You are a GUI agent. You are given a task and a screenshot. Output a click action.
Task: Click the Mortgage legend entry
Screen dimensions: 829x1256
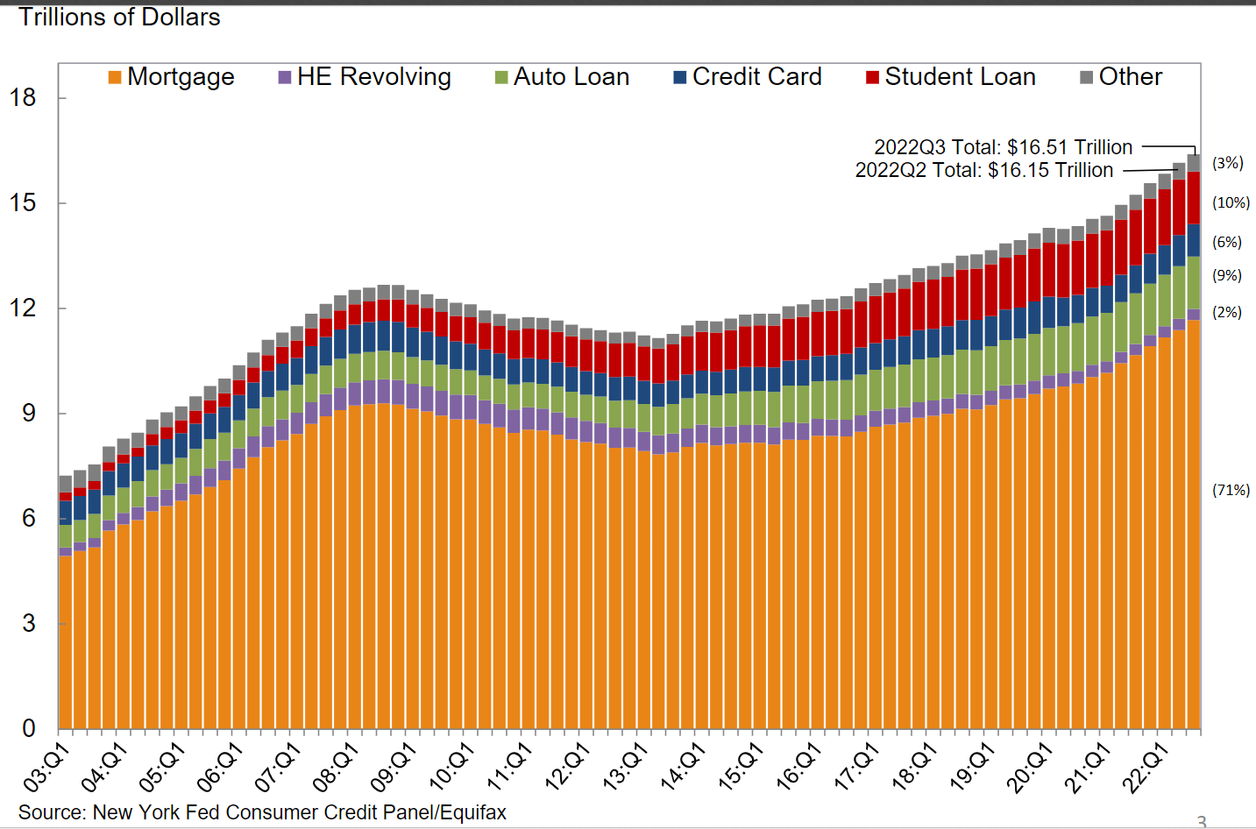point(172,77)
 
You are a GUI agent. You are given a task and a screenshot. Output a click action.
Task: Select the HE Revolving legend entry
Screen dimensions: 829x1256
point(365,77)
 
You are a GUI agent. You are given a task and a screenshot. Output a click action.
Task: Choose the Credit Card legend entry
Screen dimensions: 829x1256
point(748,77)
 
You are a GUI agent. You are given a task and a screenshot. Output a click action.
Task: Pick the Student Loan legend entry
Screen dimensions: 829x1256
point(951,77)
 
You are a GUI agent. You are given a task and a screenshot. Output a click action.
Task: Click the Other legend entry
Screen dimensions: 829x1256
point(1121,77)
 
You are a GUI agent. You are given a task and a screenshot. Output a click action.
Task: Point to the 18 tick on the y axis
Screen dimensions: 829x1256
point(23,97)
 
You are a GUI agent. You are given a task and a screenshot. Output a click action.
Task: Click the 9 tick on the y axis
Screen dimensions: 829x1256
point(29,413)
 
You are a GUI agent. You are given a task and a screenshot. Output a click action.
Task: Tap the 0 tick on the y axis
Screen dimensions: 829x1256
point(29,728)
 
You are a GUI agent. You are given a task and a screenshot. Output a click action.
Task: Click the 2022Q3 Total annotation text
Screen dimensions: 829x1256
point(1003,147)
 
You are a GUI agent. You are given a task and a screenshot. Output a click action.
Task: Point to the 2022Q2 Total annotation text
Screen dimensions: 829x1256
point(983,170)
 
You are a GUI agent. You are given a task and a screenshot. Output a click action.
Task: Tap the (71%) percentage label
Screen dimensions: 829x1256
point(1231,490)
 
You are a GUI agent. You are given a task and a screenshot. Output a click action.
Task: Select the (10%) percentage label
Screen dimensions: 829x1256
point(1231,202)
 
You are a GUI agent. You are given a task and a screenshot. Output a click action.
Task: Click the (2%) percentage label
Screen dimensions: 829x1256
point(1227,312)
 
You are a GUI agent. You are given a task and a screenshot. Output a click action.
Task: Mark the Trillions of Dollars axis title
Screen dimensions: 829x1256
point(119,18)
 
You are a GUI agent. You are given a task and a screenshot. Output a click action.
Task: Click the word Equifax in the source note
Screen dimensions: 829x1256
point(473,812)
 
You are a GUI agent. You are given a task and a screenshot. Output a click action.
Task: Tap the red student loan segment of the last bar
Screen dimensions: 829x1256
point(1194,197)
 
